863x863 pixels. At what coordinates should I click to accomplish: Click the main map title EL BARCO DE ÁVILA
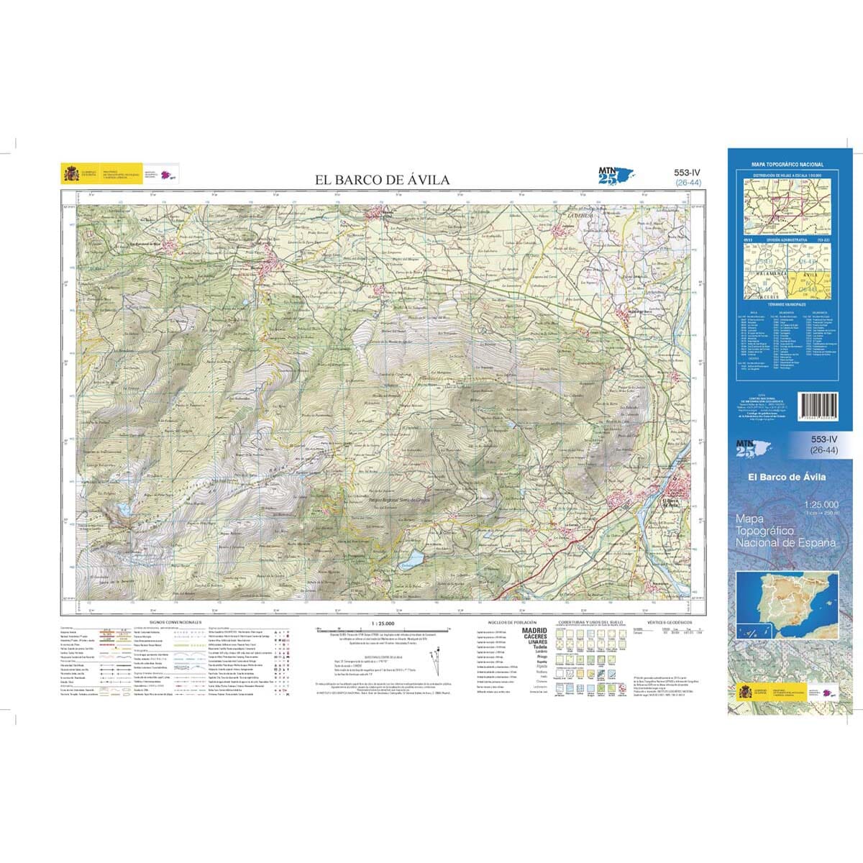coord(383,180)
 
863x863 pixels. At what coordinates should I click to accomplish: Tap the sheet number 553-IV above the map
coord(687,173)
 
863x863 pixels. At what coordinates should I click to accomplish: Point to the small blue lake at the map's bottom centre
coord(414,558)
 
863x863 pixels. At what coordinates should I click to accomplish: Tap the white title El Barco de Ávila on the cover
coord(787,477)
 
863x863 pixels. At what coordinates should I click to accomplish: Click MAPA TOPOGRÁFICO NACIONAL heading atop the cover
coord(787,165)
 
